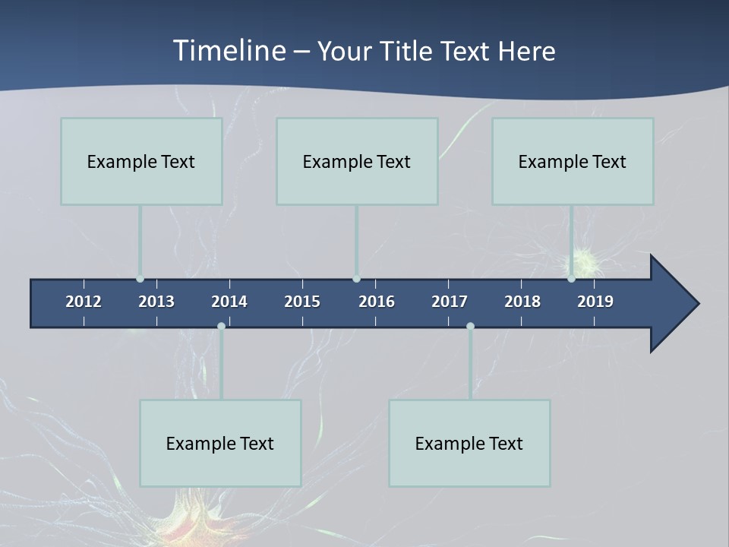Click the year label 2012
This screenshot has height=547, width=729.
click(x=84, y=302)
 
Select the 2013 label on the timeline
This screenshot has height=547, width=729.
click(x=156, y=302)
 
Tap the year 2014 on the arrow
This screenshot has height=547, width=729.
click(x=229, y=302)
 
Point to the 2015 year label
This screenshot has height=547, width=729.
click(x=302, y=302)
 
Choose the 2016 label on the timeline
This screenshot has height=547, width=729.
click(x=377, y=302)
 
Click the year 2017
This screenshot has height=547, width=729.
click(x=450, y=302)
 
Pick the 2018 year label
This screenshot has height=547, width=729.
click(x=522, y=302)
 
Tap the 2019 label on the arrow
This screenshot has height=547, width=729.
click(x=595, y=302)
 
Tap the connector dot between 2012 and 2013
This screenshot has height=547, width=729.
click(x=140, y=279)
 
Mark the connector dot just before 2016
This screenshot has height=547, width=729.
click(x=356, y=279)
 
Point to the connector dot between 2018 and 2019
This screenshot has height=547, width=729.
click(x=571, y=279)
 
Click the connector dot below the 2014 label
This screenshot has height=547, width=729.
click(x=221, y=326)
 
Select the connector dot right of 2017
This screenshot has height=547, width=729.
click(x=470, y=326)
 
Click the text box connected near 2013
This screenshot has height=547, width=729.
click(x=141, y=161)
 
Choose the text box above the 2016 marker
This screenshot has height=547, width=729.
click(x=357, y=161)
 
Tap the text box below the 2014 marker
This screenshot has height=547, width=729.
click(x=220, y=443)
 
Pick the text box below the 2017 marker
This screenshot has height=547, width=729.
click(x=469, y=443)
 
